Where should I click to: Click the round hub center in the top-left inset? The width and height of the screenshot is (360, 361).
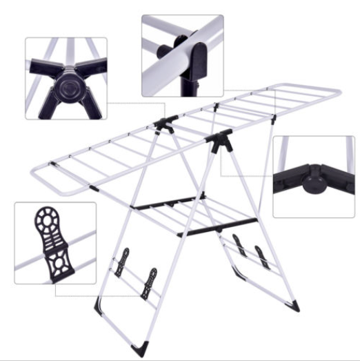pos(66,86)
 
